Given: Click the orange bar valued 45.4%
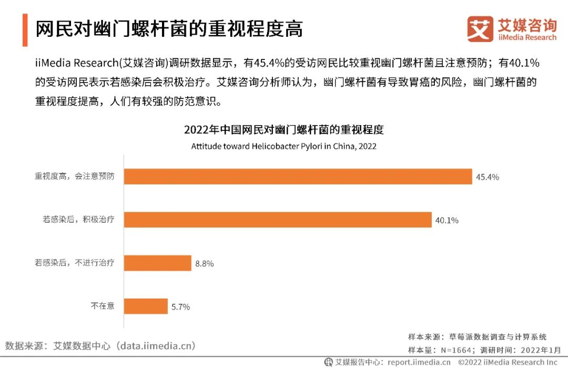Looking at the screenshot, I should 298,177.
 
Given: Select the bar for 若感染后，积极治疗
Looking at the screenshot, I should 278,220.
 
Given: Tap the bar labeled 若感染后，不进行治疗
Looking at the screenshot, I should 157,263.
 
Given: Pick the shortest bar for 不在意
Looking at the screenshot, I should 146,306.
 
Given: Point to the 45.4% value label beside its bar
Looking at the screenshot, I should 488,177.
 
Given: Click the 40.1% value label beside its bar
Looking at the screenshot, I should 447,220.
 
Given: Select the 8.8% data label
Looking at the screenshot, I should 204,263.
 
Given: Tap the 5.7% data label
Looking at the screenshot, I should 180,306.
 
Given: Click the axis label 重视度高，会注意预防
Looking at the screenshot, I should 75,177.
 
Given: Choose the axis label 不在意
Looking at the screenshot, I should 103,306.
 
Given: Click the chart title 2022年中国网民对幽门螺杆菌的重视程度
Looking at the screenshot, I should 284,130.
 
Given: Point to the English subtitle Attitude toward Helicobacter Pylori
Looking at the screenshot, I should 283,146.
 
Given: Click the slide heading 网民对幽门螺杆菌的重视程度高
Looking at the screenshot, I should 169,29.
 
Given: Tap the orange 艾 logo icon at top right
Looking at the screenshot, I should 480,29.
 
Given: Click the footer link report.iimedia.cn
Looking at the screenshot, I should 419,362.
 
